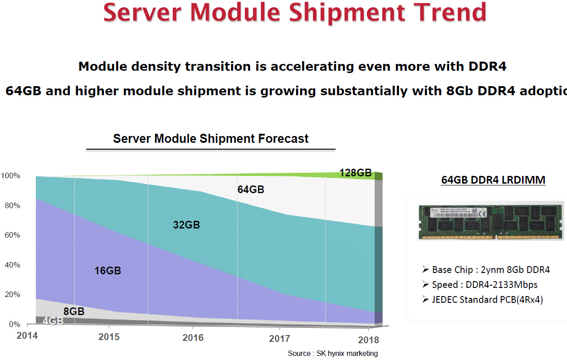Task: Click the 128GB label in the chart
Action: click(x=355, y=173)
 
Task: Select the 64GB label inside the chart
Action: click(x=250, y=190)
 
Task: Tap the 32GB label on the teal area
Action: click(x=186, y=225)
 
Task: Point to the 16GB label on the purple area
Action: click(x=108, y=271)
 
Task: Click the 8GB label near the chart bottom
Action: click(x=73, y=311)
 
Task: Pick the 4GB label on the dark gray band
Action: click(x=53, y=321)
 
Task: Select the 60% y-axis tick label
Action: click(x=11, y=235)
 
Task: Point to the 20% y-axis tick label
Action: click(x=11, y=295)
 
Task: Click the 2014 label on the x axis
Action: click(x=27, y=336)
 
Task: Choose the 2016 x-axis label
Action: click(x=193, y=338)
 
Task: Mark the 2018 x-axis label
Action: click(x=368, y=340)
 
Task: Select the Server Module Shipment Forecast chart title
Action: click(x=210, y=138)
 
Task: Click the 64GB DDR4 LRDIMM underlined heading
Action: click(x=493, y=180)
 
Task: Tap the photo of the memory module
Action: click(x=491, y=221)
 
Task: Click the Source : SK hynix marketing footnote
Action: click(x=332, y=353)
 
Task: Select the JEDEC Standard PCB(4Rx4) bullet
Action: click(x=487, y=300)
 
